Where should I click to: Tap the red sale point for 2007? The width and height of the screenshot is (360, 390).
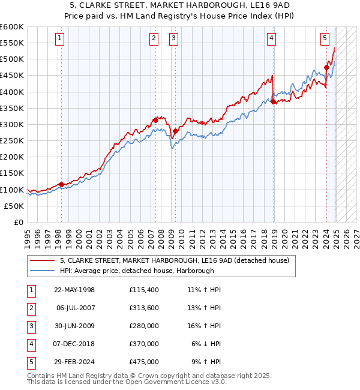(x=155, y=120)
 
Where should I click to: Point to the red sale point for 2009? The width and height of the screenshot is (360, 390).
(x=175, y=131)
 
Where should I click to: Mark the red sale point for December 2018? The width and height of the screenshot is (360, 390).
(x=273, y=101)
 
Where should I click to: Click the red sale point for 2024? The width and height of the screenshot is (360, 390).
(x=326, y=67)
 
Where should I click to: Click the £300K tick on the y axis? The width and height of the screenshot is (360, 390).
(x=11, y=124)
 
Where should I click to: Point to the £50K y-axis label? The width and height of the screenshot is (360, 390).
(x=14, y=206)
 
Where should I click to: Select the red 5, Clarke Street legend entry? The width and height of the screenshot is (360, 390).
(x=175, y=260)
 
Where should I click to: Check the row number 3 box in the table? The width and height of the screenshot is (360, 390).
(x=31, y=326)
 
